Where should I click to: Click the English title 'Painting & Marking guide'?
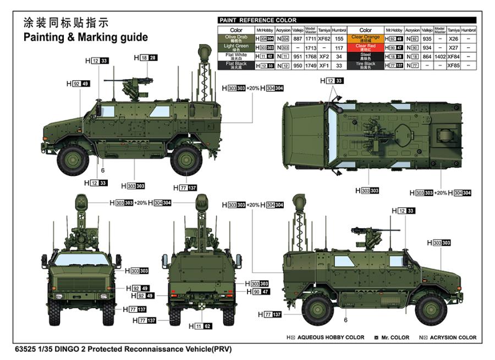point(85,37)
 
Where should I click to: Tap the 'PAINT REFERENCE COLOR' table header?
point(258,20)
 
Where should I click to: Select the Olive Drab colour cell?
point(236,38)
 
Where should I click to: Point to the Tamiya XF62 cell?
point(324,38)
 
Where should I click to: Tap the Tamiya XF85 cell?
point(453,65)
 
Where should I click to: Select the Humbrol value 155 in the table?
point(339,38)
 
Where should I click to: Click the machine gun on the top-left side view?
point(122,81)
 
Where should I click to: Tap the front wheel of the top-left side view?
point(74,160)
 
